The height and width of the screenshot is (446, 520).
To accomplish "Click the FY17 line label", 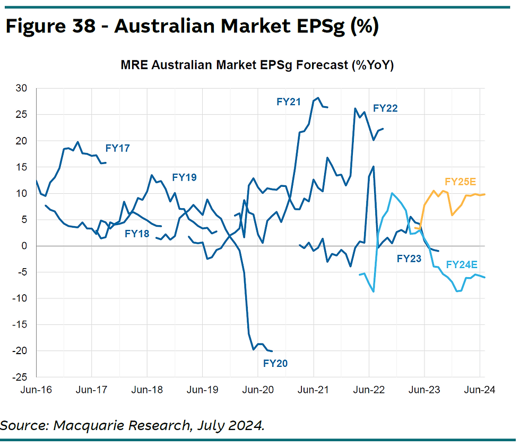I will pyautogui.click(x=117, y=149).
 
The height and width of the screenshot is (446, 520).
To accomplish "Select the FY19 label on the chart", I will pyautogui.click(x=184, y=177).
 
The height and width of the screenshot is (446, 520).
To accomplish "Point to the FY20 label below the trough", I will pyautogui.click(x=275, y=364).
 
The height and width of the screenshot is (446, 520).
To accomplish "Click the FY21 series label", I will pyautogui.click(x=289, y=101).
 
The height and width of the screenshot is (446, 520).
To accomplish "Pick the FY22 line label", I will pyautogui.click(x=385, y=108).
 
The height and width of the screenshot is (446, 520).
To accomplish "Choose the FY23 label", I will pyautogui.click(x=409, y=259).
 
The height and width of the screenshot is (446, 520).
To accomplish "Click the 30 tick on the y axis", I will pyautogui.click(x=21, y=89).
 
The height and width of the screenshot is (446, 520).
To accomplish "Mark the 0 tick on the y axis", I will pyautogui.click(x=23, y=246).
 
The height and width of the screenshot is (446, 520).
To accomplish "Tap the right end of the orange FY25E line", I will pyautogui.click(x=486, y=194).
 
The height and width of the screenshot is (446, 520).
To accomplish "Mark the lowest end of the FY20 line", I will pyautogui.click(x=272, y=351).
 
